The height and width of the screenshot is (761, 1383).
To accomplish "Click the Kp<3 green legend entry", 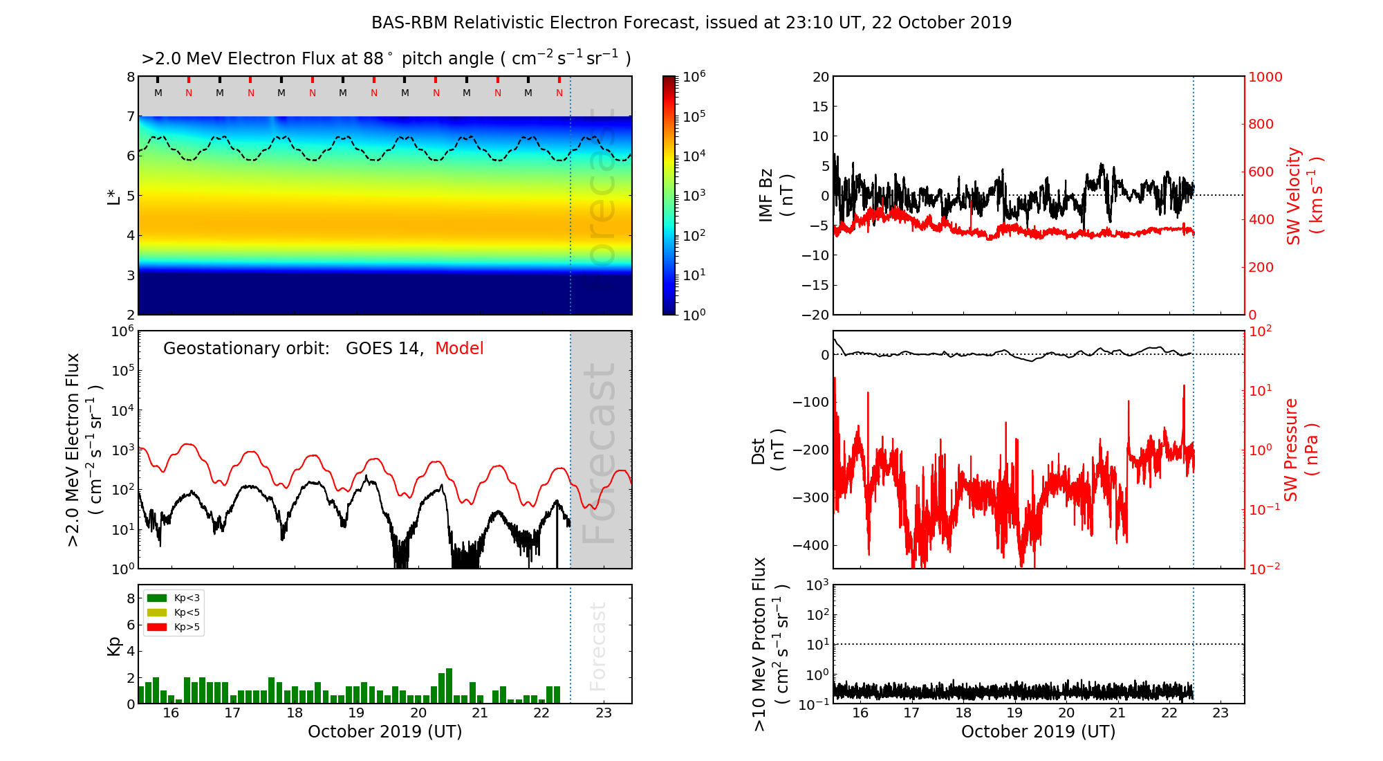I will click(x=174, y=598).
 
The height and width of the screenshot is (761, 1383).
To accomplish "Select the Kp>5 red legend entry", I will click(x=174, y=627).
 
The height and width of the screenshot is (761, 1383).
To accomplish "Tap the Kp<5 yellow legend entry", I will click(x=174, y=612).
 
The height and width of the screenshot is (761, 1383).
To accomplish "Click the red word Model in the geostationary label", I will click(x=459, y=349).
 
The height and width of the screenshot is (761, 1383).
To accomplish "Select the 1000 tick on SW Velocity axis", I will click(x=1265, y=77).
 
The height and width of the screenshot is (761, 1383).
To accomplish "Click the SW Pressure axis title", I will click(x=1301, y=450).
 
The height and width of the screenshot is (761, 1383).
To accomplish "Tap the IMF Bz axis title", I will click(x=775, y=195).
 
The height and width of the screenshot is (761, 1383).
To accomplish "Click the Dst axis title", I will click(x=768, y=450).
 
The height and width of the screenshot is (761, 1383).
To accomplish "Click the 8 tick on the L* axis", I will click(x=130, y=77).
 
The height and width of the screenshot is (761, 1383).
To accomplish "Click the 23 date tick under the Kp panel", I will click(x=604, y=713).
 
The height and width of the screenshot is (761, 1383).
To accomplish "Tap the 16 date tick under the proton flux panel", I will click(x=860, y=713).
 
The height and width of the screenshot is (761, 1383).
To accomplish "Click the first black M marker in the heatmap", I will click(x=158, y=93).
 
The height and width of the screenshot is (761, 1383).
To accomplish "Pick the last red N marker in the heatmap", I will click(x=559, y=93).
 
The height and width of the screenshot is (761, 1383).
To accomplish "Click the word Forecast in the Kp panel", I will click(x=597, y=646).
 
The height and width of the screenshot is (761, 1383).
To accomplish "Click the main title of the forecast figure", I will click(x=691, y=23).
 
